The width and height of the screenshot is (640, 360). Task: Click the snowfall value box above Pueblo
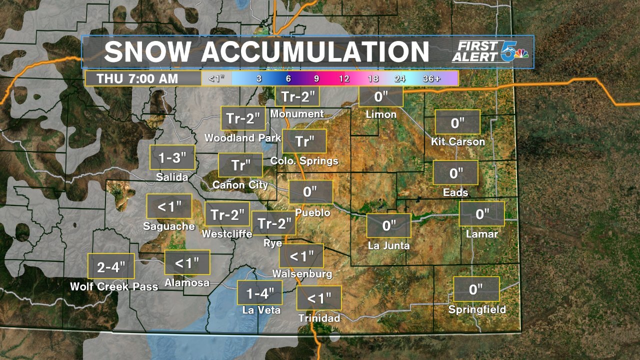click(x=310, y=192)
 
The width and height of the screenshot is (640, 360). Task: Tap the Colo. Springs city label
click(x=304, y=161)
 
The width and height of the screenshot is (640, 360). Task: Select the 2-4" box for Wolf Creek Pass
click(x=111, y=266)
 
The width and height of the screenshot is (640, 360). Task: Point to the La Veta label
click(x=261, y=310)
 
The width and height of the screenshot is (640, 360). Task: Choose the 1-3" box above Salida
click(x=172, y=158)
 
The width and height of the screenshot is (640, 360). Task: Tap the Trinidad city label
click(x=319, y=318)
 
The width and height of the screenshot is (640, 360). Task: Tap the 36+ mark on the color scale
click(x=431, y=78)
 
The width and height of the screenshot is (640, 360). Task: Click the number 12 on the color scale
click(x=344, y=78)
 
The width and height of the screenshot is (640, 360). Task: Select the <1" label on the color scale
click(x=216, y=78)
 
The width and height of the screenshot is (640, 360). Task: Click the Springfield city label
click(x=477, y=309)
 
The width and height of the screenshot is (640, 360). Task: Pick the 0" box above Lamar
click(x=482, y=214)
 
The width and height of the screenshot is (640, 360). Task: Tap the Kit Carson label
click(x=458, y=141)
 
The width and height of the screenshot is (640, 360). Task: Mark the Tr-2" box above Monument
click(x=297, y=96)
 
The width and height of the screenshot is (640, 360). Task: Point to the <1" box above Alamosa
click(x=187, y=262)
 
